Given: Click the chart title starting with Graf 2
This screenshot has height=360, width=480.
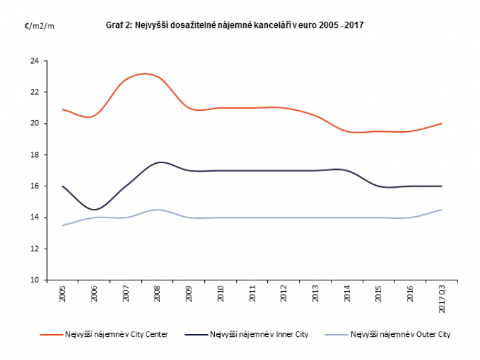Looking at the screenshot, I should click(235, 25).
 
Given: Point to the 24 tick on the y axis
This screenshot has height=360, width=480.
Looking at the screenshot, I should click(35, 61).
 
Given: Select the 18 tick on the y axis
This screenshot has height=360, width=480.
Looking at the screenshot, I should click(35, 155).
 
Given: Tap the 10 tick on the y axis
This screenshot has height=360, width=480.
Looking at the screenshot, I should click(35, 280).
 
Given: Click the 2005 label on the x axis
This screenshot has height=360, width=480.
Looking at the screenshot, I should click(62, 295).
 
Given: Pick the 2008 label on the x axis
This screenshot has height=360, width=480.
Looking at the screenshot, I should click(157, 295).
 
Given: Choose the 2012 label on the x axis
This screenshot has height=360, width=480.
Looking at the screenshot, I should click(284, 295).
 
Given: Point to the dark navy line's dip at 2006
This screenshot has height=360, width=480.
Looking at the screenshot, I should click(94, 210).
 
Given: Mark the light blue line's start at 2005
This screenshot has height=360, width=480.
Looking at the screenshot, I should click(62, 225).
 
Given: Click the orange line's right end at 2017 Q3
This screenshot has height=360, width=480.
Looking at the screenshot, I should click(442, 123).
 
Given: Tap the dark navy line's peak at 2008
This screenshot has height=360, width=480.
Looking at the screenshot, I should click(159, 162).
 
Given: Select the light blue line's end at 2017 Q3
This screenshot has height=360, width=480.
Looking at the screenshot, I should click(442, 210).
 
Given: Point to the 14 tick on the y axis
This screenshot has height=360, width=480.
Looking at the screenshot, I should click(35, 217).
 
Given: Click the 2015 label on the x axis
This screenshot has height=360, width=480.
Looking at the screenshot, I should click(379, 295).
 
